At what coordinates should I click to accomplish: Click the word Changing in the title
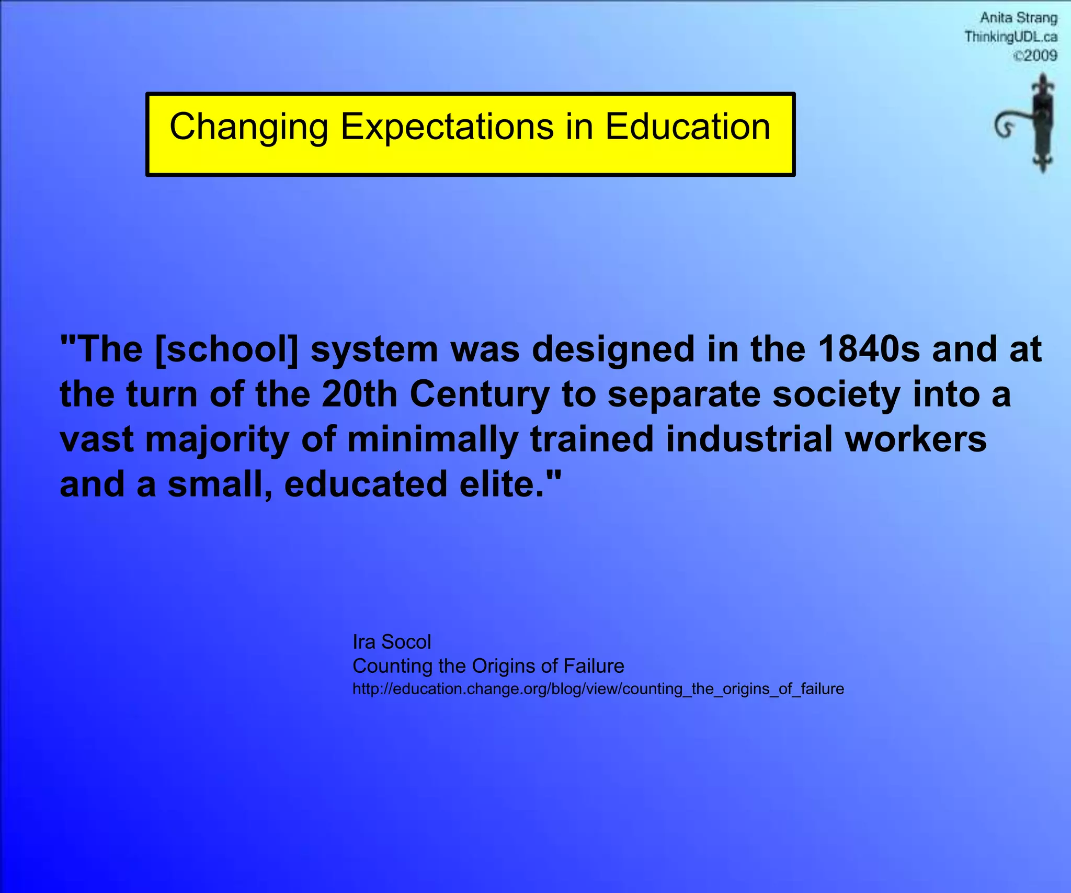click(249, 127)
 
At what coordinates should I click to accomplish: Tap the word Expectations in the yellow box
click(447, 127)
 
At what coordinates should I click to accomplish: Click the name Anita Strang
click(1018, 18)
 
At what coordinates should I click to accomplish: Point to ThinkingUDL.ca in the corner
click(1010, 37)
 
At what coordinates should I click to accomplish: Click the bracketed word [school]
click(226, 349)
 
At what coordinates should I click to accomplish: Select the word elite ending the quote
click(510, 484)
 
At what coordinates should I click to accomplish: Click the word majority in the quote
click(217, 439)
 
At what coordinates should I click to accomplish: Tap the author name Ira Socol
click(392, 642)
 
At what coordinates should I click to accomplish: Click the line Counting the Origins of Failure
click(488, 666)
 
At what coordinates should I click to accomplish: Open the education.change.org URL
click(598, 689)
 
